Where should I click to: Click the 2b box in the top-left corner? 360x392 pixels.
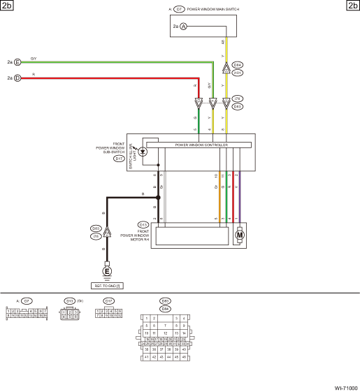(8, 6)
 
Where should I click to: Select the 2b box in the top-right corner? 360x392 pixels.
(352, 6)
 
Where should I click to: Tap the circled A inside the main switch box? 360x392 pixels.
(184, 26)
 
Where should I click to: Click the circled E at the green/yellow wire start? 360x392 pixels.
(17, 62)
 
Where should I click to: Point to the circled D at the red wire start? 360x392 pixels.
(17, 78)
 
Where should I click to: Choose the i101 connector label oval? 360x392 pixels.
(238, 72)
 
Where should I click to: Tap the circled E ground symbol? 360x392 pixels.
(107, 270)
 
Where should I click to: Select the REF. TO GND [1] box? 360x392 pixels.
(107, 285)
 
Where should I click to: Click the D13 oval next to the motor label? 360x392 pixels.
(143, 224)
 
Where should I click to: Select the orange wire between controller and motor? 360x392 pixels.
(220, 199)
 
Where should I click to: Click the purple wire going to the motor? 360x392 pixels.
(239, 199)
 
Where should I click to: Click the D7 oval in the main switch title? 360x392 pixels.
(180, 10)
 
